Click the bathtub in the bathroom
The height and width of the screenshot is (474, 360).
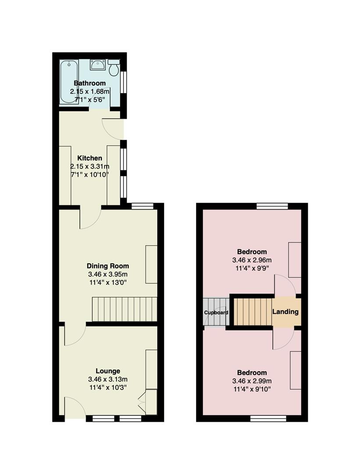[69, 82]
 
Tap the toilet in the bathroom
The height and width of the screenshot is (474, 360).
[114, 68]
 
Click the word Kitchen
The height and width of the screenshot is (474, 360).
[90, 158]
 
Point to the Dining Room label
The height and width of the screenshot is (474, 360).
[108, 266]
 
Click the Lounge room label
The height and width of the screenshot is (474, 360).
[108, 371]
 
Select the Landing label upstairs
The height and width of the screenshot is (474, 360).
[285, 312]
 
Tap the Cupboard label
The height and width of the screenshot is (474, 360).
[216, 312]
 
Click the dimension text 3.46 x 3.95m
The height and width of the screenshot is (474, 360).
[108, 274]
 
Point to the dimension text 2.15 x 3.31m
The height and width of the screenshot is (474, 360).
[90, 166]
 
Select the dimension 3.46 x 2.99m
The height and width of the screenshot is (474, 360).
[252, 381]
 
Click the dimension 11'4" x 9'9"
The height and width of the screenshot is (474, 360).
[252, 268]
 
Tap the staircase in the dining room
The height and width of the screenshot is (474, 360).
[125, 309]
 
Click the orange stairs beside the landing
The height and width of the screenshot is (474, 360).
[253, 312]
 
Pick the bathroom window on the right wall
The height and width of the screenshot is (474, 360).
[123, 82]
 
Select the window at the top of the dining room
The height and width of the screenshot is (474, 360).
[143, 206]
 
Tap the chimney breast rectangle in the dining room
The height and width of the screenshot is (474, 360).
[151, 265]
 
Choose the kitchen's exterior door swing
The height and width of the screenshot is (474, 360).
[113, 129]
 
